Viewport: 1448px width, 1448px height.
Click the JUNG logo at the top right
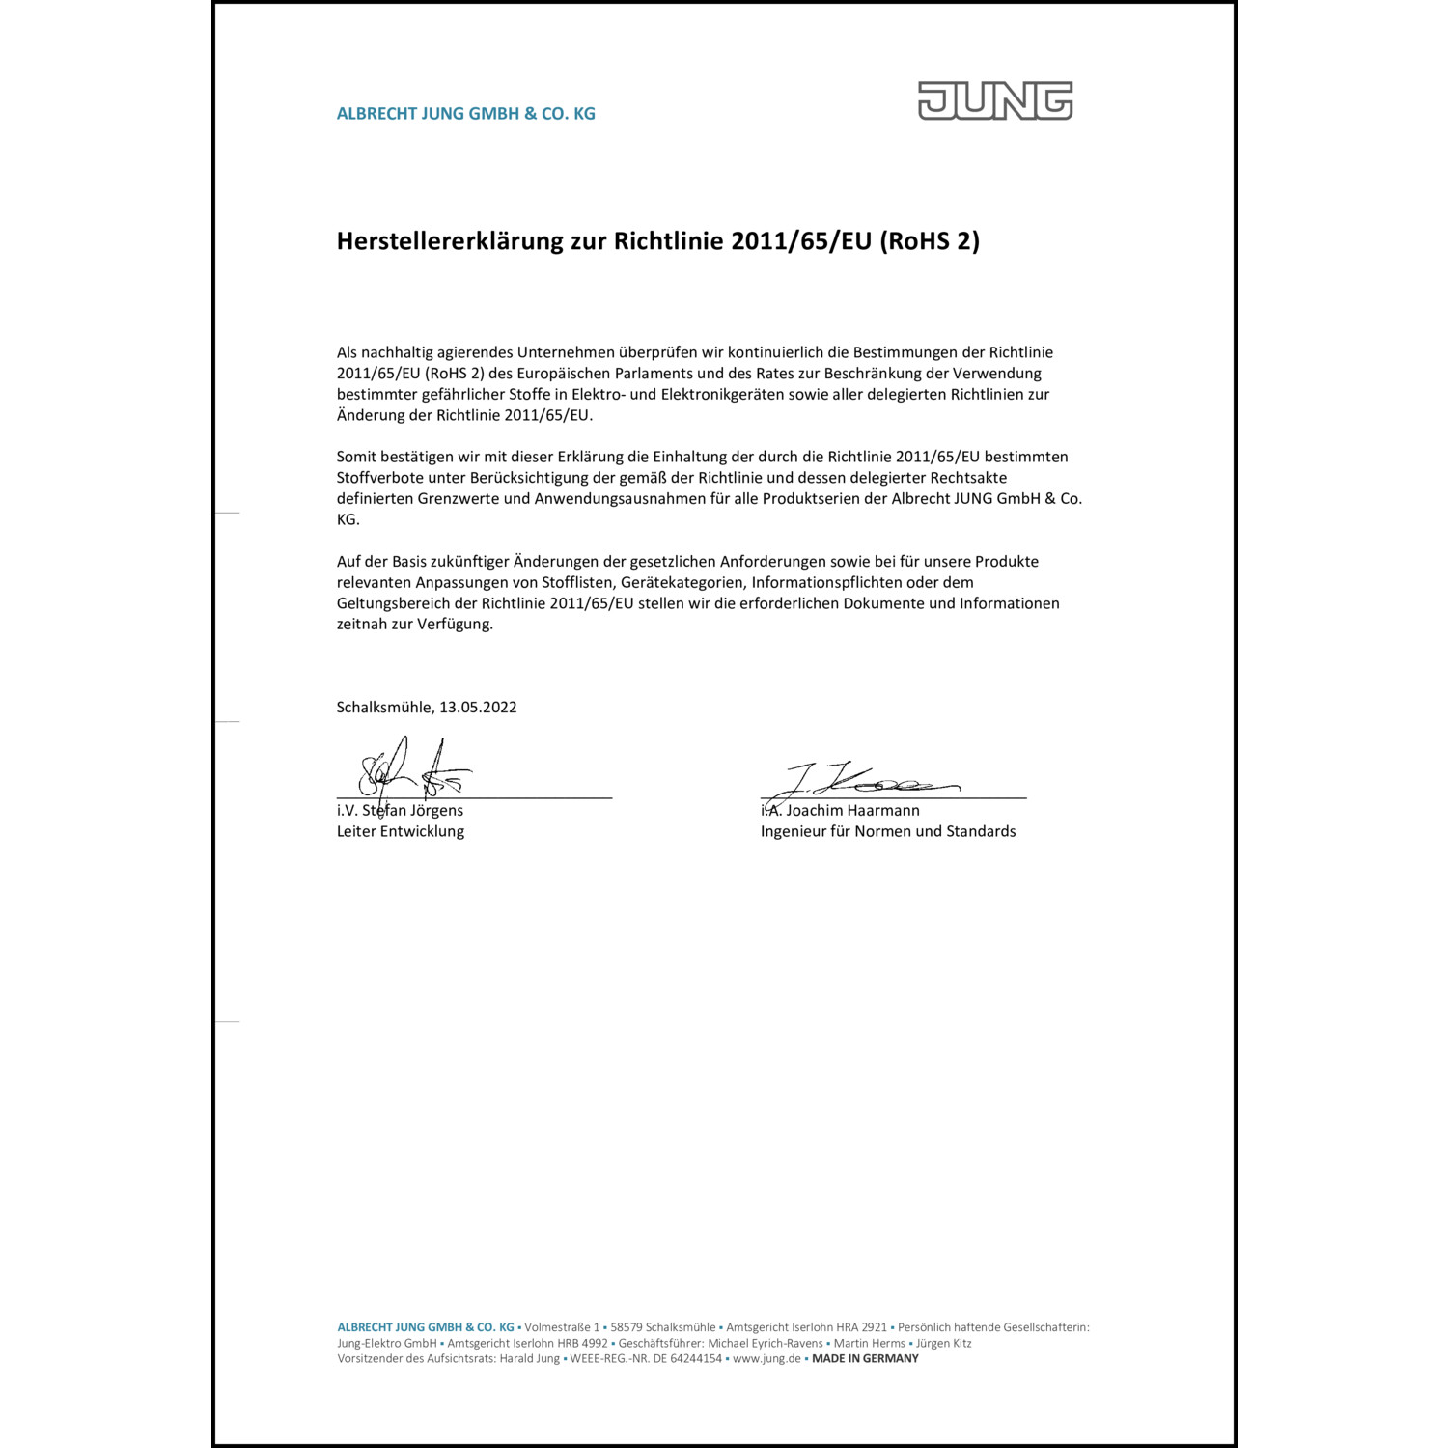[995, 100]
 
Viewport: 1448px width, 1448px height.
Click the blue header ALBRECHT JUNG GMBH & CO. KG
[465, 114]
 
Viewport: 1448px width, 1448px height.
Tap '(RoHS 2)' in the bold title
[929, 241]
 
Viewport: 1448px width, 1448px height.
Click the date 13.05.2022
[478, 707]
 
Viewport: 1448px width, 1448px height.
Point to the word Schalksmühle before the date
[384, 707]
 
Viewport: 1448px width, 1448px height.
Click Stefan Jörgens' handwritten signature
[413, 769]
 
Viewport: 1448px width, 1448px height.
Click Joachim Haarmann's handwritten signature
[864, 780]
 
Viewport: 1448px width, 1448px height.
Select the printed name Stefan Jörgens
[413, 811]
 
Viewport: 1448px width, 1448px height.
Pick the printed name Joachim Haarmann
[853, 811]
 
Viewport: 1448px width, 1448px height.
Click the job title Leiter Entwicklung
[401, 831]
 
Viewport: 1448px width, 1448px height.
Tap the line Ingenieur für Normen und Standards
[888, 831]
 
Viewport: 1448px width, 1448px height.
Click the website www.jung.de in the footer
[766, 1358]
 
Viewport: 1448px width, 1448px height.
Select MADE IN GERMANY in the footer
[865, 1358]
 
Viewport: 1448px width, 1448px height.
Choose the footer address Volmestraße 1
[562, 1327]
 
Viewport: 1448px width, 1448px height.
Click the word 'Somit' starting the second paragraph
[356, 457]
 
